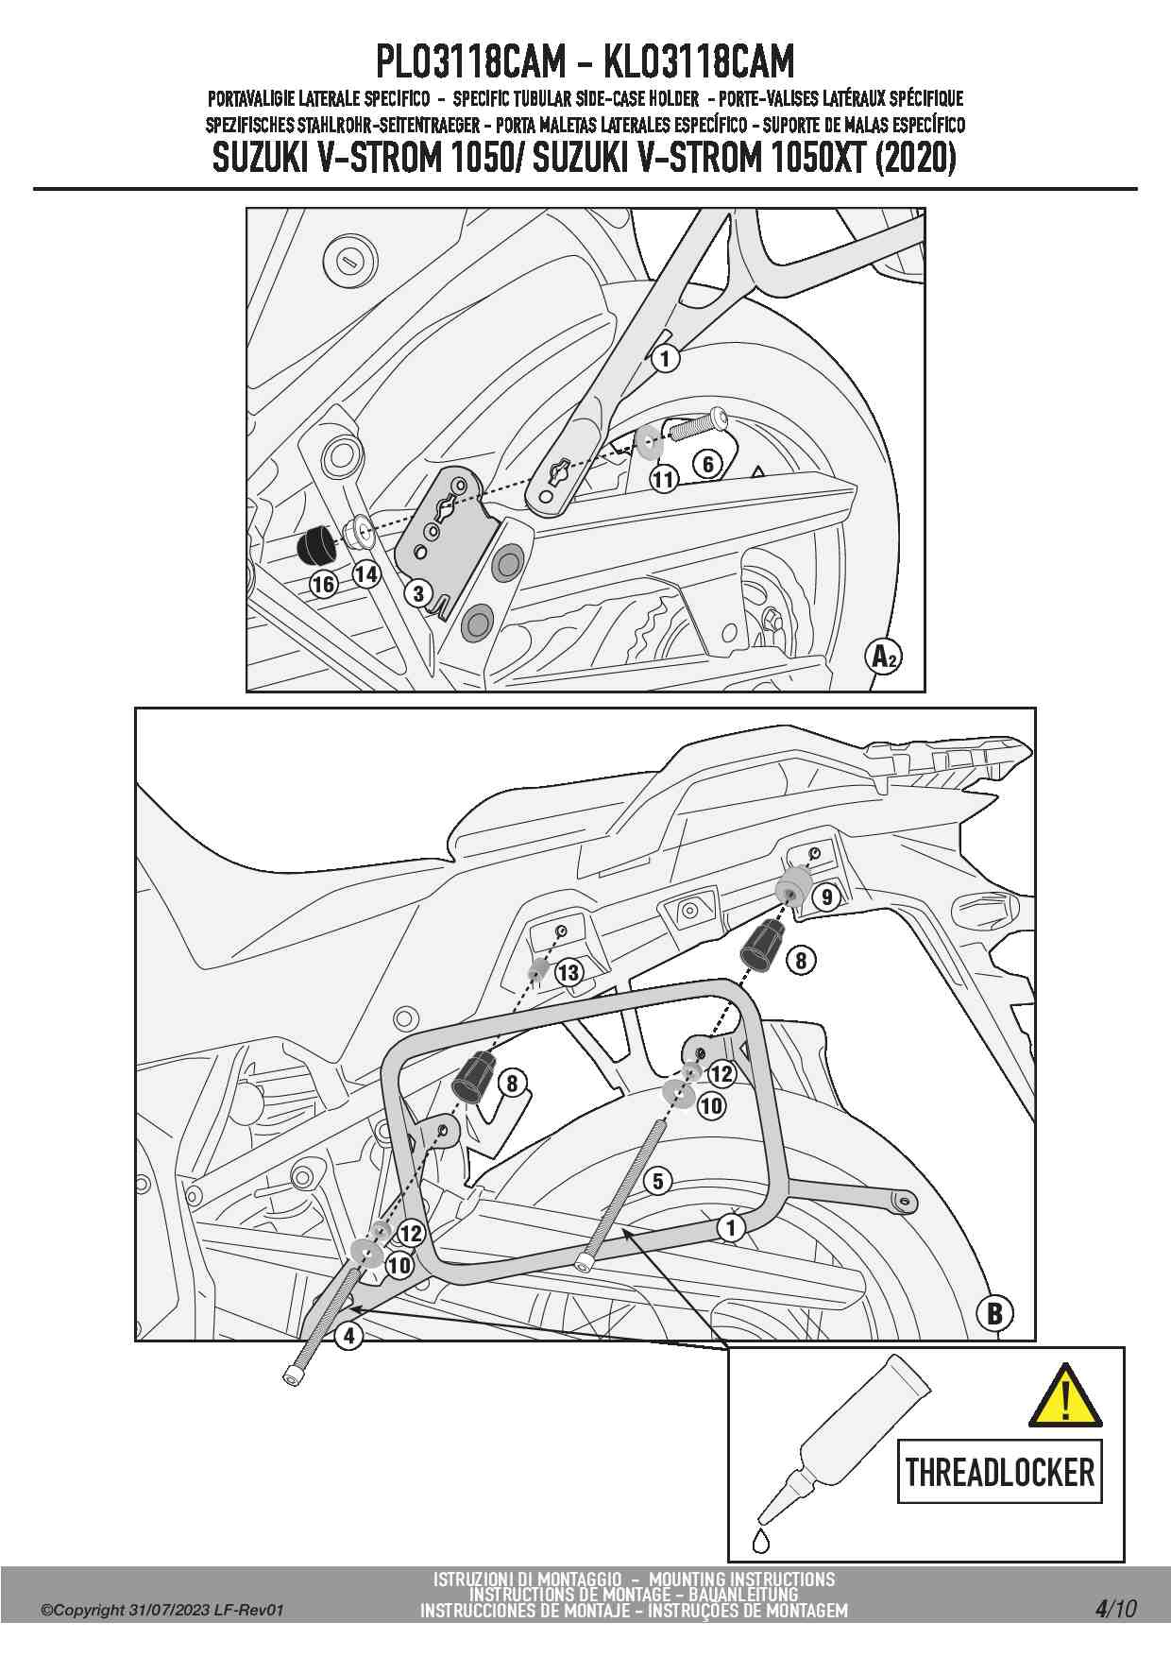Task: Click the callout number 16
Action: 323,584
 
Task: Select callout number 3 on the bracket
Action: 417,593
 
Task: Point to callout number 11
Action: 664,479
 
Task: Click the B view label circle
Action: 994,1312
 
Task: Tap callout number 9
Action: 826,896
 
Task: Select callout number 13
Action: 569,972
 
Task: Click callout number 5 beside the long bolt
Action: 657,1180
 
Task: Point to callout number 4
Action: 349,1335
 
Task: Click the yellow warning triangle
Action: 1065,1395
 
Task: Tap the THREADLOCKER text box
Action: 999,1472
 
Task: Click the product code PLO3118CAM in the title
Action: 471,61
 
